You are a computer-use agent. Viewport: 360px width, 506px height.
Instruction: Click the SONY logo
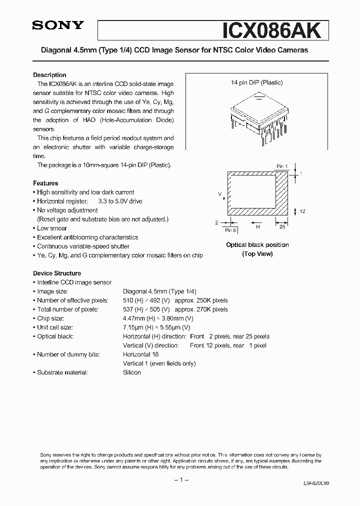(x=57, y=26)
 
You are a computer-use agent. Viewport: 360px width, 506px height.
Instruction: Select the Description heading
(x=49, y=75)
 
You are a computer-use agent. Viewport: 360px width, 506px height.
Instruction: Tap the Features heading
(x=45, y=183)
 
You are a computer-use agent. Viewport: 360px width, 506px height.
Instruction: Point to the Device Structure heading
(x=57, y=273)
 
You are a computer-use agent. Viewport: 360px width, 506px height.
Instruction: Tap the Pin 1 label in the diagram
(x=282, y=166)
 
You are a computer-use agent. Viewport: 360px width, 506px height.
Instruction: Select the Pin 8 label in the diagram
(x=231, y=230)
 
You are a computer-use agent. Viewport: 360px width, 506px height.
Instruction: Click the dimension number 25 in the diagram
(x=282, y=226)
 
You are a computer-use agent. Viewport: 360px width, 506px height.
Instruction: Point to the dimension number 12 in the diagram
(x=302, y=211)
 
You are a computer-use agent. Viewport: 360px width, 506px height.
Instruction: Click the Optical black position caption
(x=257, y=245)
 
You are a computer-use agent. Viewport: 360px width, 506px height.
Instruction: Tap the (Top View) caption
(x=257, y=254)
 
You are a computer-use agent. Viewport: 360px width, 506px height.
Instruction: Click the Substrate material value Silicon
(x=132, y=372)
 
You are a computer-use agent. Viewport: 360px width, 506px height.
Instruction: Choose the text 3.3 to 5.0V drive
(x=120, y=201)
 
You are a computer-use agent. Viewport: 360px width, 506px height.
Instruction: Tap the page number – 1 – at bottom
(x=180, y=480)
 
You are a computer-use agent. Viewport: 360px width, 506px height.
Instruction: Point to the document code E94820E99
(x=316, y=484)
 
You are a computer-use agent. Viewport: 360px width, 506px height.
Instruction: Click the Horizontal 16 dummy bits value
(x=139, y=354)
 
